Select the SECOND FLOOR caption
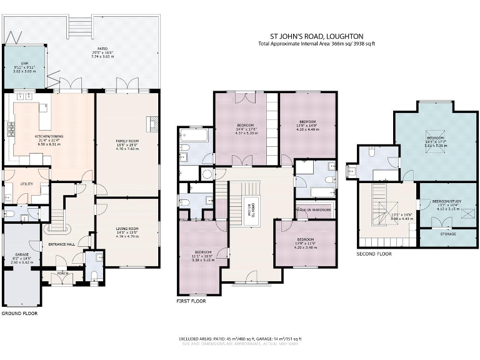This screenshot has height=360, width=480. (x=374, y=254)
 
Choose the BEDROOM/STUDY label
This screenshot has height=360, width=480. (x=446, y=201)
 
